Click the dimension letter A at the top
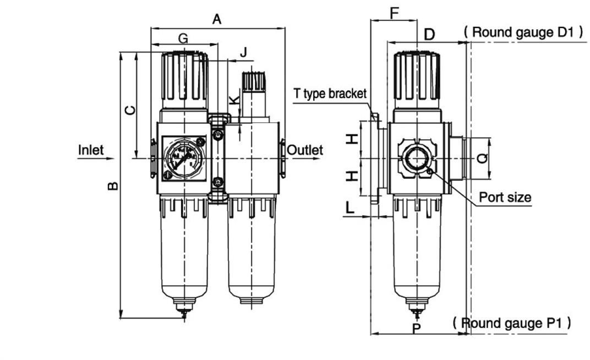click(217, 20)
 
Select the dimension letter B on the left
click(113, 186)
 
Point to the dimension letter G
click(183, 38)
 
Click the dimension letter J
click(243, 53)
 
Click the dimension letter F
click(394, 13)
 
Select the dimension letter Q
click(482, 159)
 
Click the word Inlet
click(91, 150)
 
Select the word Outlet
click(305, 150)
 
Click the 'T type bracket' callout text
click(330, 94)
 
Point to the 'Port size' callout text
click(505, 197)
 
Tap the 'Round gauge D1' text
click(523, 32)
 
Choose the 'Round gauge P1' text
click(511, 323)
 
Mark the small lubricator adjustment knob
click(254, 83)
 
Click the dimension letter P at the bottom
click(417, 329)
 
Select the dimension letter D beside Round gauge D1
click(429, 34)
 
